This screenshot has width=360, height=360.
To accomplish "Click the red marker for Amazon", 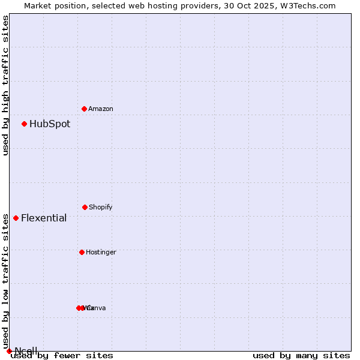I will point(84,109).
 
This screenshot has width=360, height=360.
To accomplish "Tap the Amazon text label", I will point(101,109).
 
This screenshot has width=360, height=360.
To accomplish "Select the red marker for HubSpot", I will point(24,124).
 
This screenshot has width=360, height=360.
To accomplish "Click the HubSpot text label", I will point(50,124).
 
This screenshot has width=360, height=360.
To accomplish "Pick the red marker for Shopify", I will point(85,207).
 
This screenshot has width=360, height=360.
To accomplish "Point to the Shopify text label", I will point(101,208).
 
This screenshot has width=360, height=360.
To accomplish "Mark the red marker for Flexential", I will point(16,218).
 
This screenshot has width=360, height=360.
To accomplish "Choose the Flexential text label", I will point(44,218).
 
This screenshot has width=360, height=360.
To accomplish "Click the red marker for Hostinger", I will point(82,252).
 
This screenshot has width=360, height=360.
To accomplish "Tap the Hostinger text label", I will point(101,253).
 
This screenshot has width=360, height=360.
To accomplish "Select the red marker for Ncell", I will point(9,351).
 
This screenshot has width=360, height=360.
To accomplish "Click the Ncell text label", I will point(26,351).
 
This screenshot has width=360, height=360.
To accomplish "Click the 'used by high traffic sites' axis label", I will point(5,85).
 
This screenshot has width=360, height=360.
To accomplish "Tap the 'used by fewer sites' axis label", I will point(62,356).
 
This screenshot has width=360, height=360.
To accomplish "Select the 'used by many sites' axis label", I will point(301,356).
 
